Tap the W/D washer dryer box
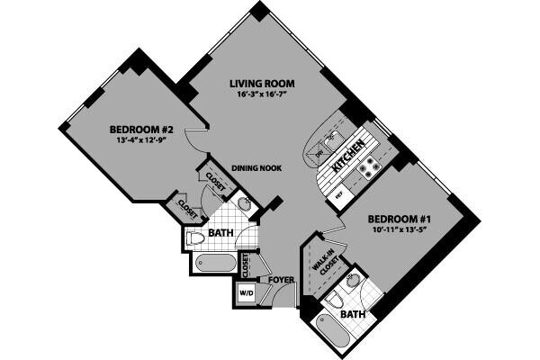click(x=245, y=292)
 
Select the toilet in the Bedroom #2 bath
click(x=194, y=238)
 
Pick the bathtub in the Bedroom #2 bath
click(x=214, y=265)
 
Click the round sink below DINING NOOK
click(x=244, y=204)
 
